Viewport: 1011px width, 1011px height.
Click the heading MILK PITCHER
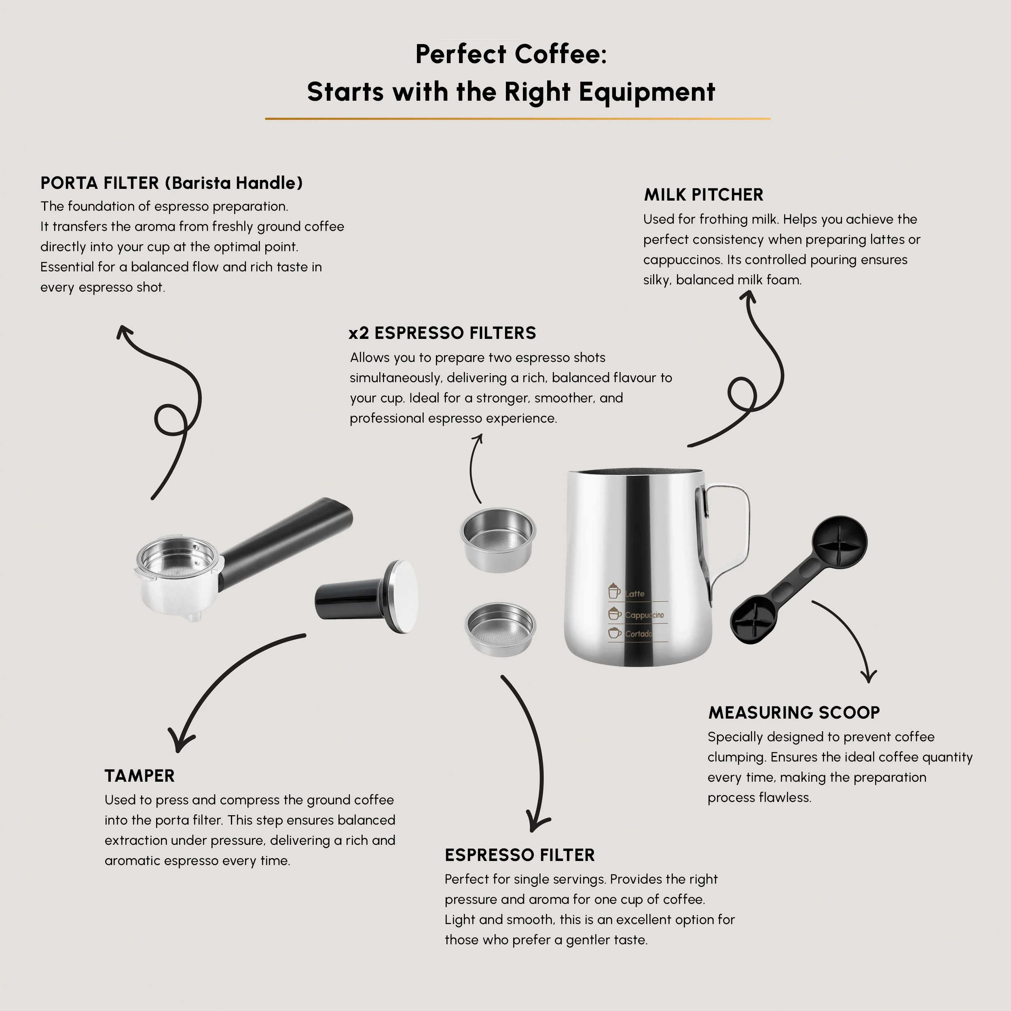click(703, 195)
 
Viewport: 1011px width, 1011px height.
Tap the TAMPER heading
click(139, 776)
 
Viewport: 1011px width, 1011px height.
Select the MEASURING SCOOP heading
click(794, 712)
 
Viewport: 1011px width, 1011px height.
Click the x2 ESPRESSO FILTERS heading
click(442, 333)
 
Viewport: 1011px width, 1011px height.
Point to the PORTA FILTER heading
click(171, 183)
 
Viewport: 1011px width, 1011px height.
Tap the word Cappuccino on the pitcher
click(644, 615)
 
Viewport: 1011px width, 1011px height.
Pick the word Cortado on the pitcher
click(639, 634)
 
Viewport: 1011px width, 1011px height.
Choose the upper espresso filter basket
click(498, 539)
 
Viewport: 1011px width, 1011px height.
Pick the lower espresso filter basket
click(500, 628)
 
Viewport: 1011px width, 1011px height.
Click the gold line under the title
click(518, 119)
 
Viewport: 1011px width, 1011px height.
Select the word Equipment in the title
click(647, 92)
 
